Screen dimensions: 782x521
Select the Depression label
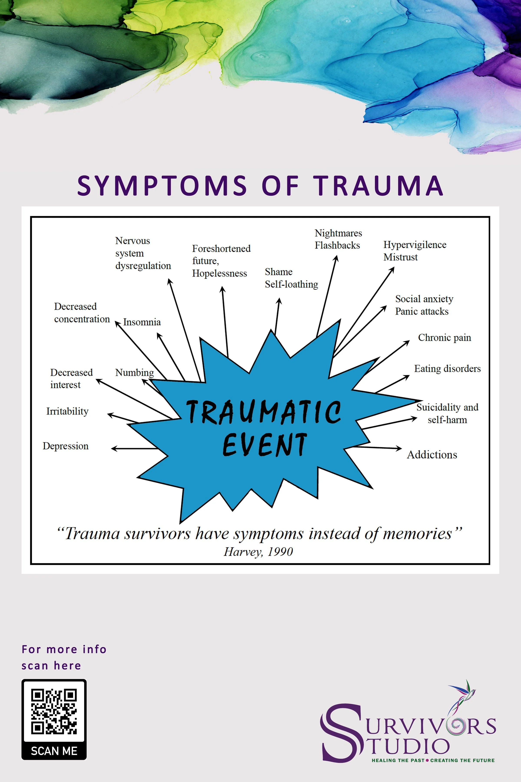pos(66,446)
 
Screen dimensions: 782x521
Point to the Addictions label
pos(432,454)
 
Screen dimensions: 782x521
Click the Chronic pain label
pos(444,338)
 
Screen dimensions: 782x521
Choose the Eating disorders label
pos(447,368)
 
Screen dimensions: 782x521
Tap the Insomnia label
pos(142,322)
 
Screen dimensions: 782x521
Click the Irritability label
pos(67,411)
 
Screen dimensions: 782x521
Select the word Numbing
pos(134,372)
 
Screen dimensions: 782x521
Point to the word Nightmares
pos(338,233)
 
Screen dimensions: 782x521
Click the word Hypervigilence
pos(415,245)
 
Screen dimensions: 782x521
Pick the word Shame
pos(279,272)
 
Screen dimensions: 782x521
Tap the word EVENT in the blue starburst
pos(264,444)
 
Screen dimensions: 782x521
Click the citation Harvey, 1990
pos(258,552)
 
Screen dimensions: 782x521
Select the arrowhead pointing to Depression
pos(114,449)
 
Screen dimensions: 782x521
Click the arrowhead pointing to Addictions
pos(399,449)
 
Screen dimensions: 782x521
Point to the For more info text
pos(64,649)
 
